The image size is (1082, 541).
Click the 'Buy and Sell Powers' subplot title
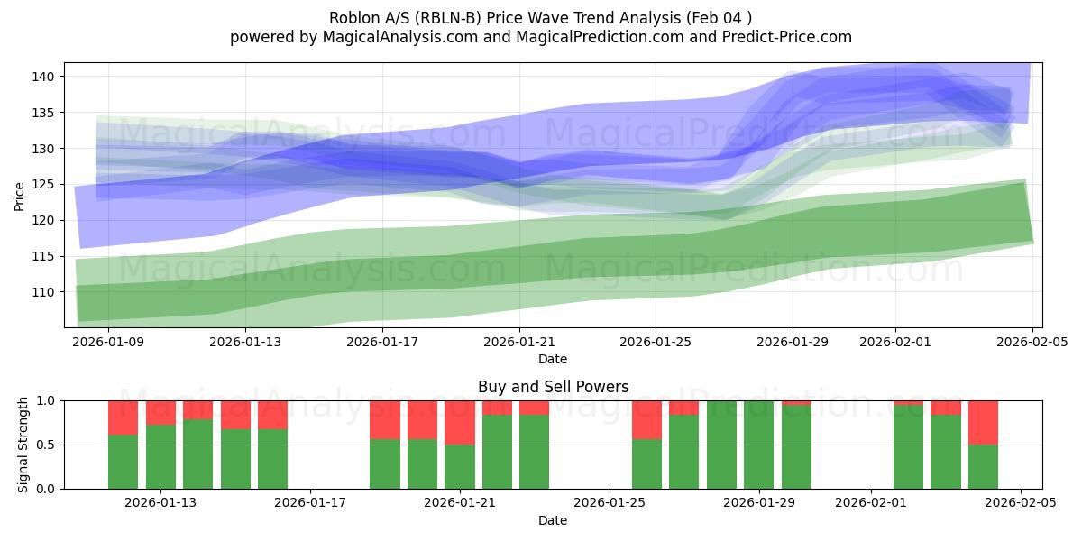click(553, 387)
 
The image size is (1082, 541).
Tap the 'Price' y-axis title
click(20, 195)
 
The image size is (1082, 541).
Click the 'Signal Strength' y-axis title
click(23, 445)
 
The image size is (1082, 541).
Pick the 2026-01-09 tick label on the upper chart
click(108, 342)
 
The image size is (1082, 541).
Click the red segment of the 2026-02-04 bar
click(983, 422)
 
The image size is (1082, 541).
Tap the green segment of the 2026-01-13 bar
click(160, 457)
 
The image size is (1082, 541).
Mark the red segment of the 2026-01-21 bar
click(460, 422)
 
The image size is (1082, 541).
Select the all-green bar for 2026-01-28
click(721, 445)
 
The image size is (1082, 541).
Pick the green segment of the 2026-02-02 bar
click(908, 447)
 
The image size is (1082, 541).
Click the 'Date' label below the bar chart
click(553, 520)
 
